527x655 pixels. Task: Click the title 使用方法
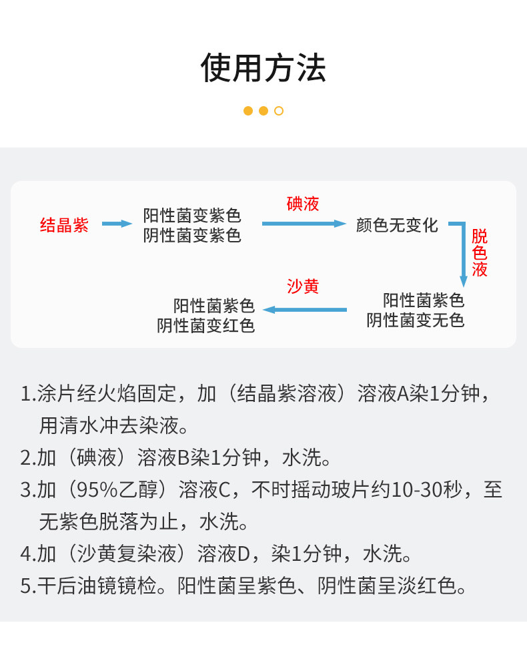tap(263, 67)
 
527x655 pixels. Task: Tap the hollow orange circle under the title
tap(279, 111)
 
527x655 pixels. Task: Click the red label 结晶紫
tap(64, 225)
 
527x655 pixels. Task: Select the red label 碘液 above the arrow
tap(303, 204)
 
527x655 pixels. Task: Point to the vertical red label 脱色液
tap(480, 253)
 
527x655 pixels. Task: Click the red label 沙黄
tap(303, 286)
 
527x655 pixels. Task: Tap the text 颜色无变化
tap(397, 225)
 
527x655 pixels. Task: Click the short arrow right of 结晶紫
tap(117, 224)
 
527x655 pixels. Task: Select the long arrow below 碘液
tap(304, 224)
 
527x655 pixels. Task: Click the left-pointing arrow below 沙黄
tap(305, 310)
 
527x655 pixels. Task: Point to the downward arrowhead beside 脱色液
tap(463, 281)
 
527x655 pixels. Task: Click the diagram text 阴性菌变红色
tap(205, 326)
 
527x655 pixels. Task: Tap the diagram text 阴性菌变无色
tap(416, 320)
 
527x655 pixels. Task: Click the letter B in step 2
tap(183, 457)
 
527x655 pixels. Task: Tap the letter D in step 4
tap(243, 554)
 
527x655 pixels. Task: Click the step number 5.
tap(25, 586)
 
